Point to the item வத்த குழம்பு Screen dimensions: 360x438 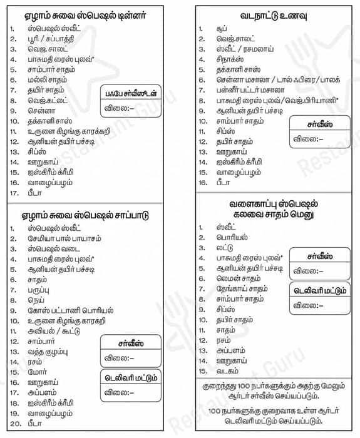point(48,351)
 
